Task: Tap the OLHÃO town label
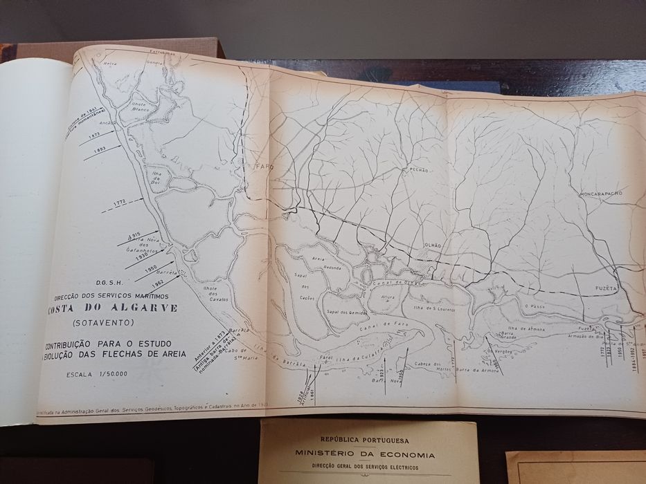431,245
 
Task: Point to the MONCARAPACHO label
601,193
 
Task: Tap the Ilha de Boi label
159,176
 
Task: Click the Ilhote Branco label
143,108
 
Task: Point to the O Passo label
532,305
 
